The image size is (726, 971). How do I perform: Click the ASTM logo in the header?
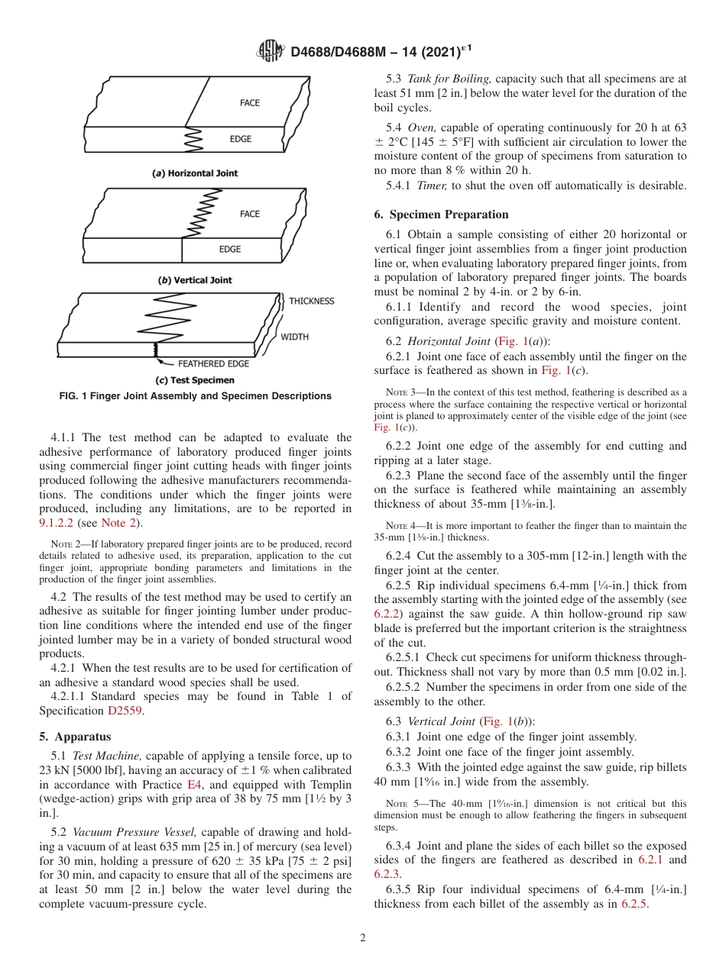[271, 52]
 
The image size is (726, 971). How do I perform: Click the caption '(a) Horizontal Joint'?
[195, 173]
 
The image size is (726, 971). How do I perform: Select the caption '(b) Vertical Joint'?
[195, 280]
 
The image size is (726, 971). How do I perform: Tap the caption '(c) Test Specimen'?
[195, 380]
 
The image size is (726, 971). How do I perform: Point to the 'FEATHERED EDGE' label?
[215, 364]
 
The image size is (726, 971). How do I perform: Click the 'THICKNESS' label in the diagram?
[311, 301]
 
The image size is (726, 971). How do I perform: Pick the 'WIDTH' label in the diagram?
[294, 337]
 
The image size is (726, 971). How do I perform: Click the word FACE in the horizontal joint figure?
[250, 102]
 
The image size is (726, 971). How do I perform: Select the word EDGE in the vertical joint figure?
[230, 249]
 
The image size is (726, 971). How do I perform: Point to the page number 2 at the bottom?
[363, 938]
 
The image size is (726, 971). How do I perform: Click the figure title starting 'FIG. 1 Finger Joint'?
[195, 396]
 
